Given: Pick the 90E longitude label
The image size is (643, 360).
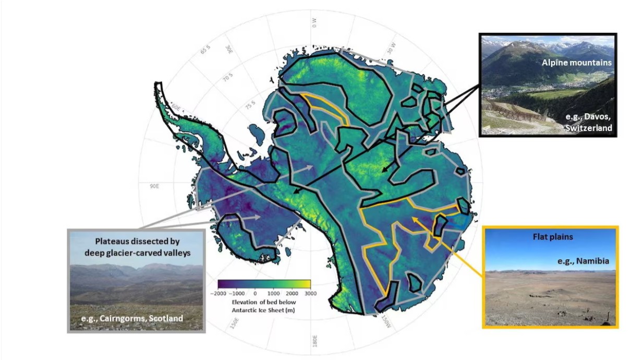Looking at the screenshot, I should (x=154, y=186).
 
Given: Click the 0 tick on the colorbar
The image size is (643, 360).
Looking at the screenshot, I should (x=256, y=293).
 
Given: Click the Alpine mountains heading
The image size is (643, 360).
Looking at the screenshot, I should (x=576, y=63).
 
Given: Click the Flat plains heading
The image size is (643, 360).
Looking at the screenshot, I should (x=553, y=236).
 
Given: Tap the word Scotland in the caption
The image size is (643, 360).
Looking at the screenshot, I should (x=166, y=318).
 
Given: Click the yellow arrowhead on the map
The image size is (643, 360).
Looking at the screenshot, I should (x=415, y=220).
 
